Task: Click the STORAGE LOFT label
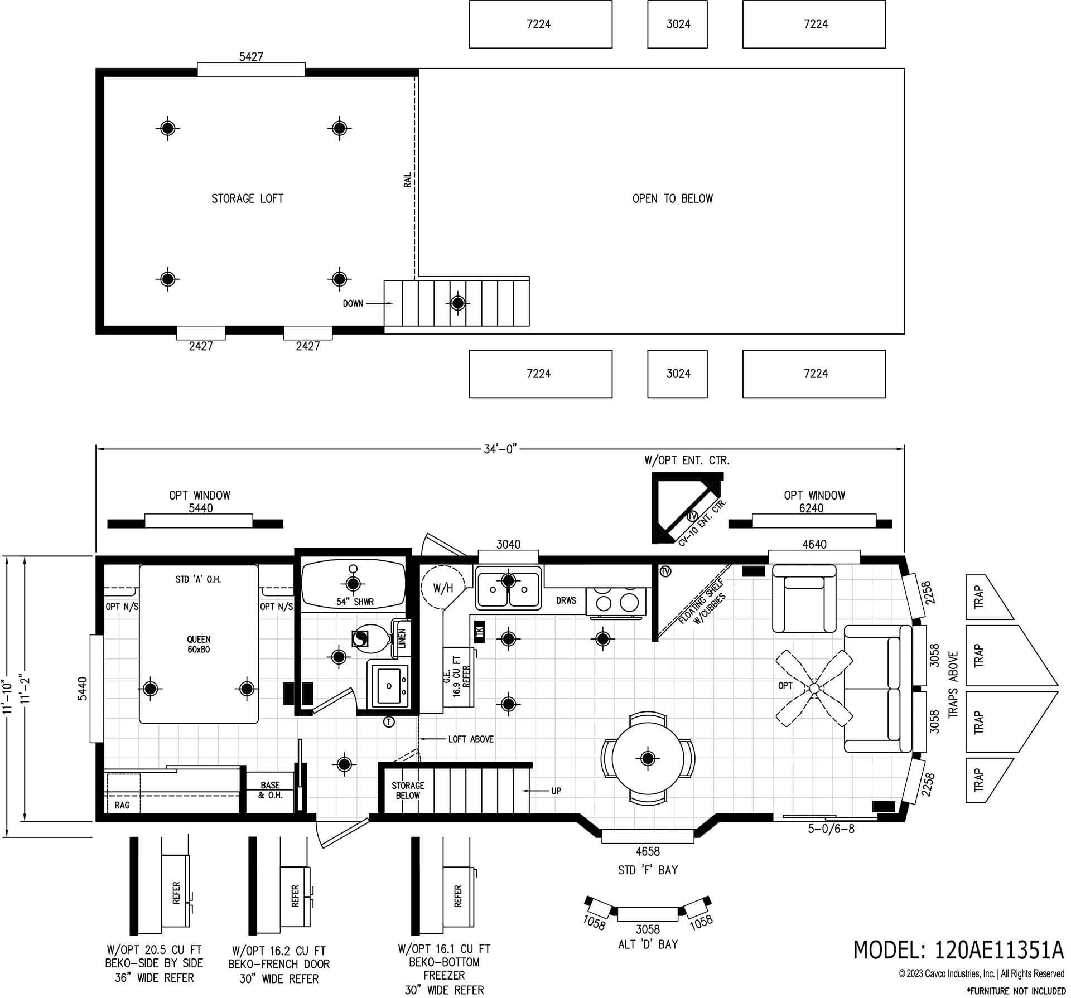pos(247,198)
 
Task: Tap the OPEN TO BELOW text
pos(672,198)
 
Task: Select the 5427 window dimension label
pos(251,57)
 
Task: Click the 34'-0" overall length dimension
pos(500,449)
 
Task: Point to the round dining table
pos(648,758)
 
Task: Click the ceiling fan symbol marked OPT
pos(813,688)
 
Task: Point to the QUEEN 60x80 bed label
pos(199,645)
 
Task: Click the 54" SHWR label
pos(355,602)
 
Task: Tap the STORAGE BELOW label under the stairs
pos(408,790)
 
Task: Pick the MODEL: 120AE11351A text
pos(958,949)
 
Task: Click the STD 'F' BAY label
pos(648,870)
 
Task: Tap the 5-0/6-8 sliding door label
pos(831,829)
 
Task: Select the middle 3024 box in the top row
pos(678,24)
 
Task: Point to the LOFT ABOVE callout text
pos(471,739)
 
